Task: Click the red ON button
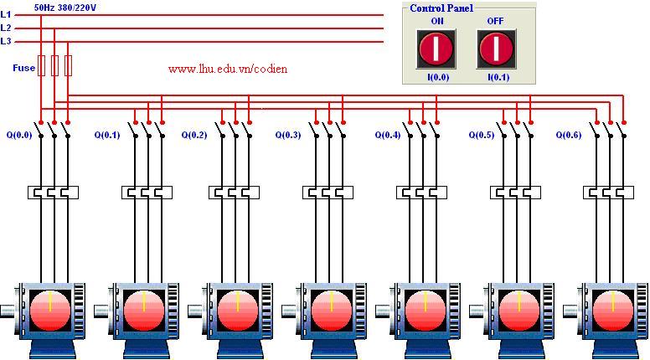click(x=436, y=49)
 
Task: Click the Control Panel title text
click(x=441, y=8)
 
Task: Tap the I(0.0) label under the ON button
click(x=437, y=77)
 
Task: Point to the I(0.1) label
click(x=498, y=77)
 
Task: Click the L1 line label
click(x=6, y=14)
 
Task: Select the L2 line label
click(x=6, y=28)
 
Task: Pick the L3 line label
click(x=6, y=41)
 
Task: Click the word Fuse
click(x=23, y=68)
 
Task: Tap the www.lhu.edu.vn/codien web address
click(x=227, y=69)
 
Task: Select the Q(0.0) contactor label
click(x=19, y=134)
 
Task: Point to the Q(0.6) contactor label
click(x=570, y=134)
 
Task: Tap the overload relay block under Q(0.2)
click(x=235, y=193)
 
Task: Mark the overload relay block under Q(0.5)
click(x=517, y=193)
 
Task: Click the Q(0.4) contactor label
click(x=388, y=134)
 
